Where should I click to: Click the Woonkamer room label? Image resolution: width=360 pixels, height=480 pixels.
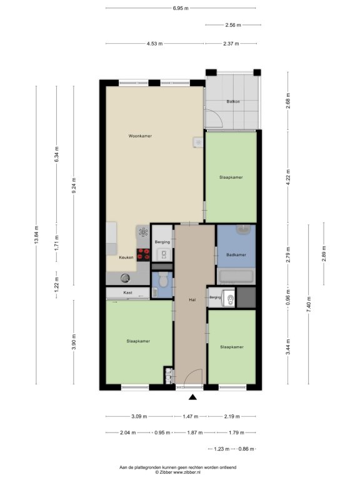pos(140,136)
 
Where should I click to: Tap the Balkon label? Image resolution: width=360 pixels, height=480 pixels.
pos(233,101)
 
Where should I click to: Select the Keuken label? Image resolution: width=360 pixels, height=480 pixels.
pos(126,257)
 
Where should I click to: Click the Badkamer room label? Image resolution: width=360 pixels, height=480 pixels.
pos(236,255)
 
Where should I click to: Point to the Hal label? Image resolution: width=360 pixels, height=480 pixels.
pos(192,300)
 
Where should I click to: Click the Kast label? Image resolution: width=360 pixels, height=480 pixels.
pos(127,292)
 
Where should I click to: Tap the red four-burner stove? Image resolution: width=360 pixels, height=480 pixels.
pos(143,255)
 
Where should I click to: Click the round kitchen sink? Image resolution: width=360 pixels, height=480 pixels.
pos(125,278)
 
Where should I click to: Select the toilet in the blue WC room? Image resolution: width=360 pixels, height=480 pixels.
pos(164,280)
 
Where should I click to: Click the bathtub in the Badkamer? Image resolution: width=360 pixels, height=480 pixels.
pos(236,276)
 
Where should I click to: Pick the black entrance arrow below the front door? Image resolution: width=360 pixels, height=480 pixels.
pos(192,397)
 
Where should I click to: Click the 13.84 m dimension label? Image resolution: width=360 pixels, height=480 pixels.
pos(36,235)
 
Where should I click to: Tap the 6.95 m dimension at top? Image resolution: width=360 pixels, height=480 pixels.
pos(181,8)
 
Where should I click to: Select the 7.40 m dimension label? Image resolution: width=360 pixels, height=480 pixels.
pos(309,304)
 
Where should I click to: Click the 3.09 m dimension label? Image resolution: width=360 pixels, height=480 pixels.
pos(139,416)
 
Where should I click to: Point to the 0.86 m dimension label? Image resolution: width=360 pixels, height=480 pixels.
pos(246,449)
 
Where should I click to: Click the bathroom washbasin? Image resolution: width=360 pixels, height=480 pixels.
pos(243,229)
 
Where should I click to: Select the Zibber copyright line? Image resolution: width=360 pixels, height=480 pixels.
pos(177,472)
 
